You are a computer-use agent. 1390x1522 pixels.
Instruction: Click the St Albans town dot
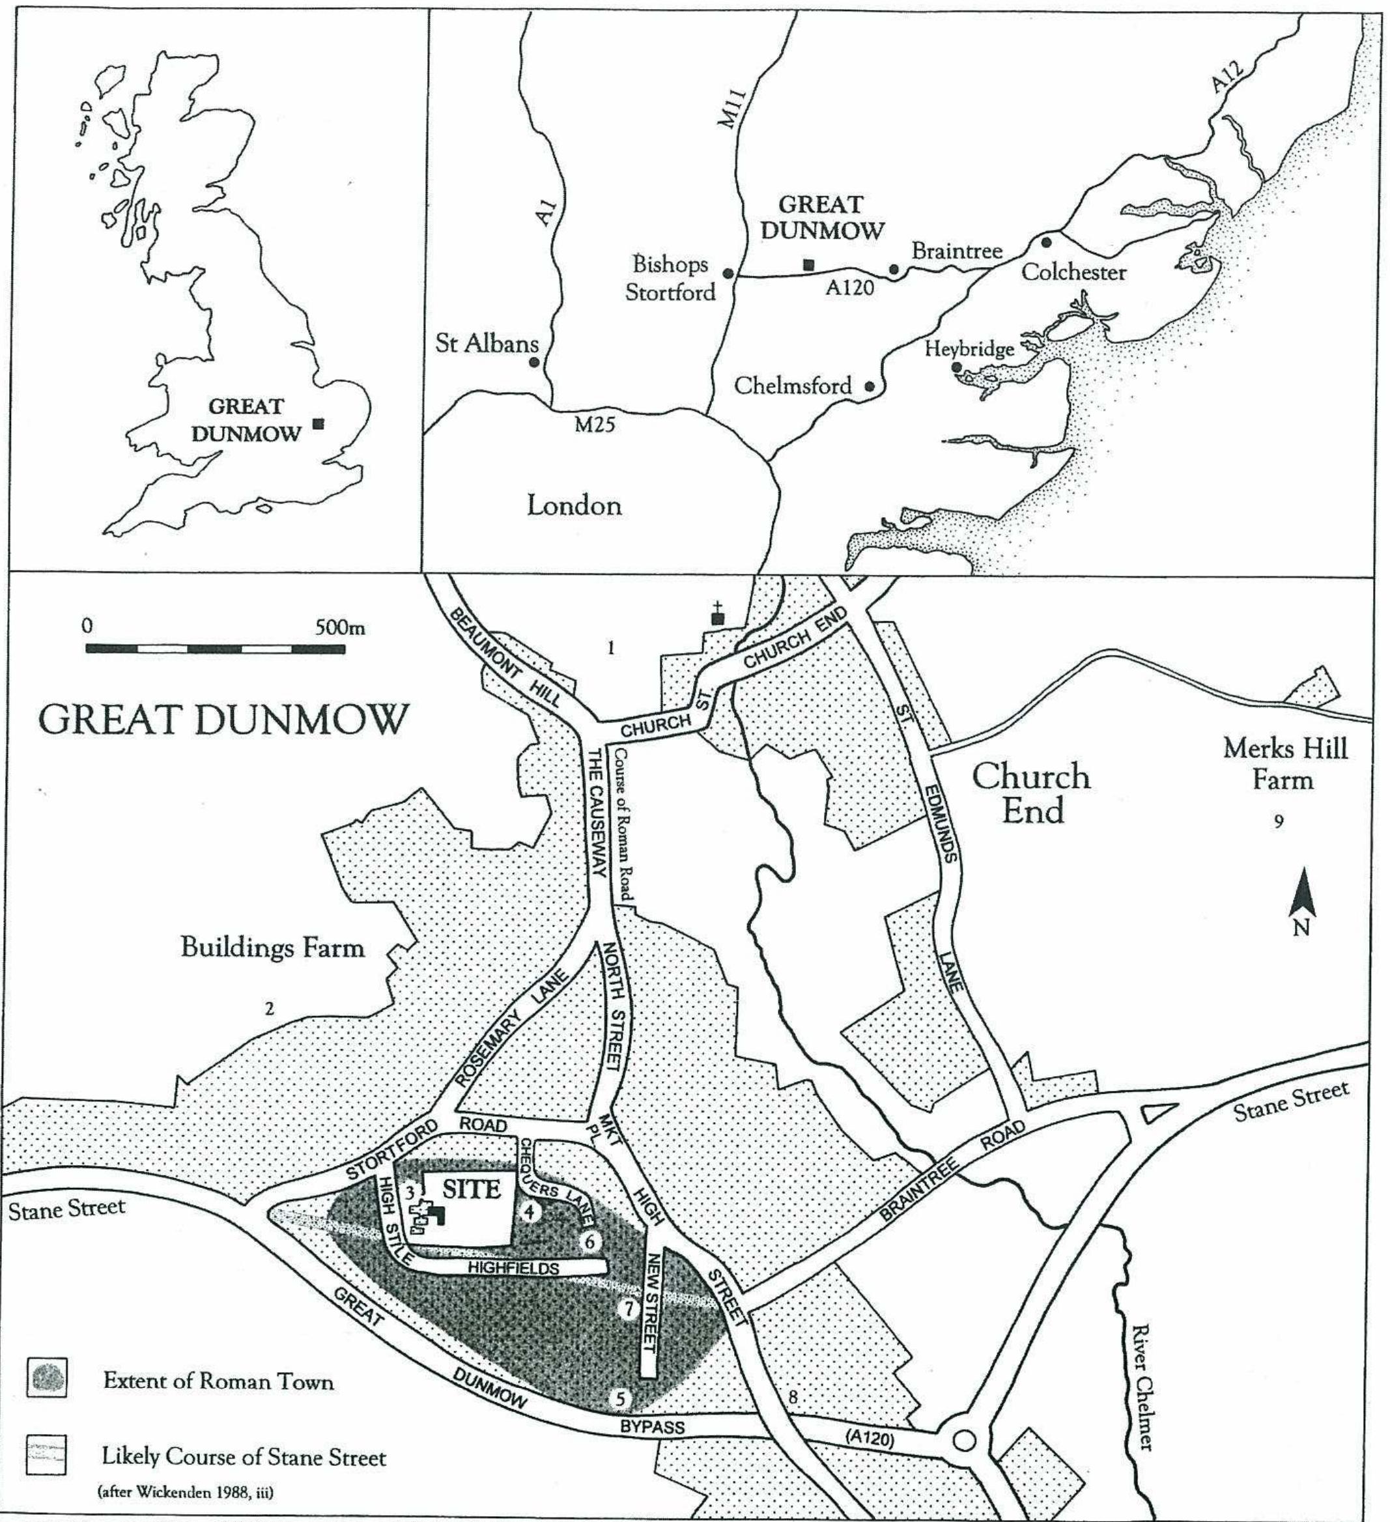534,362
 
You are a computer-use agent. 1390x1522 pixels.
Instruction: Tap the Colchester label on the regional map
1073,272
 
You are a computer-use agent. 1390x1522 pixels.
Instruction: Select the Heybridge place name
969,350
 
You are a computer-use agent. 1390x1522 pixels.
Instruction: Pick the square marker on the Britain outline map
319,423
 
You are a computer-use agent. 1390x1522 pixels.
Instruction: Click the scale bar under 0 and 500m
215,649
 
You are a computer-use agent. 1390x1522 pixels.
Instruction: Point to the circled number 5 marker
620,1399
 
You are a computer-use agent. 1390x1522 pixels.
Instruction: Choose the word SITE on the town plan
471,1190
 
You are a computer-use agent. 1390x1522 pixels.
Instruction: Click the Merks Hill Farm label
1284,763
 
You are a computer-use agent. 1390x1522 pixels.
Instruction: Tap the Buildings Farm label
272,947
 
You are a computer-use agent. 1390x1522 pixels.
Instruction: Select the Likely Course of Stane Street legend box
46,1455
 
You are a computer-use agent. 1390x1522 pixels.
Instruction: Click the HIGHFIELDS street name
513,1267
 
